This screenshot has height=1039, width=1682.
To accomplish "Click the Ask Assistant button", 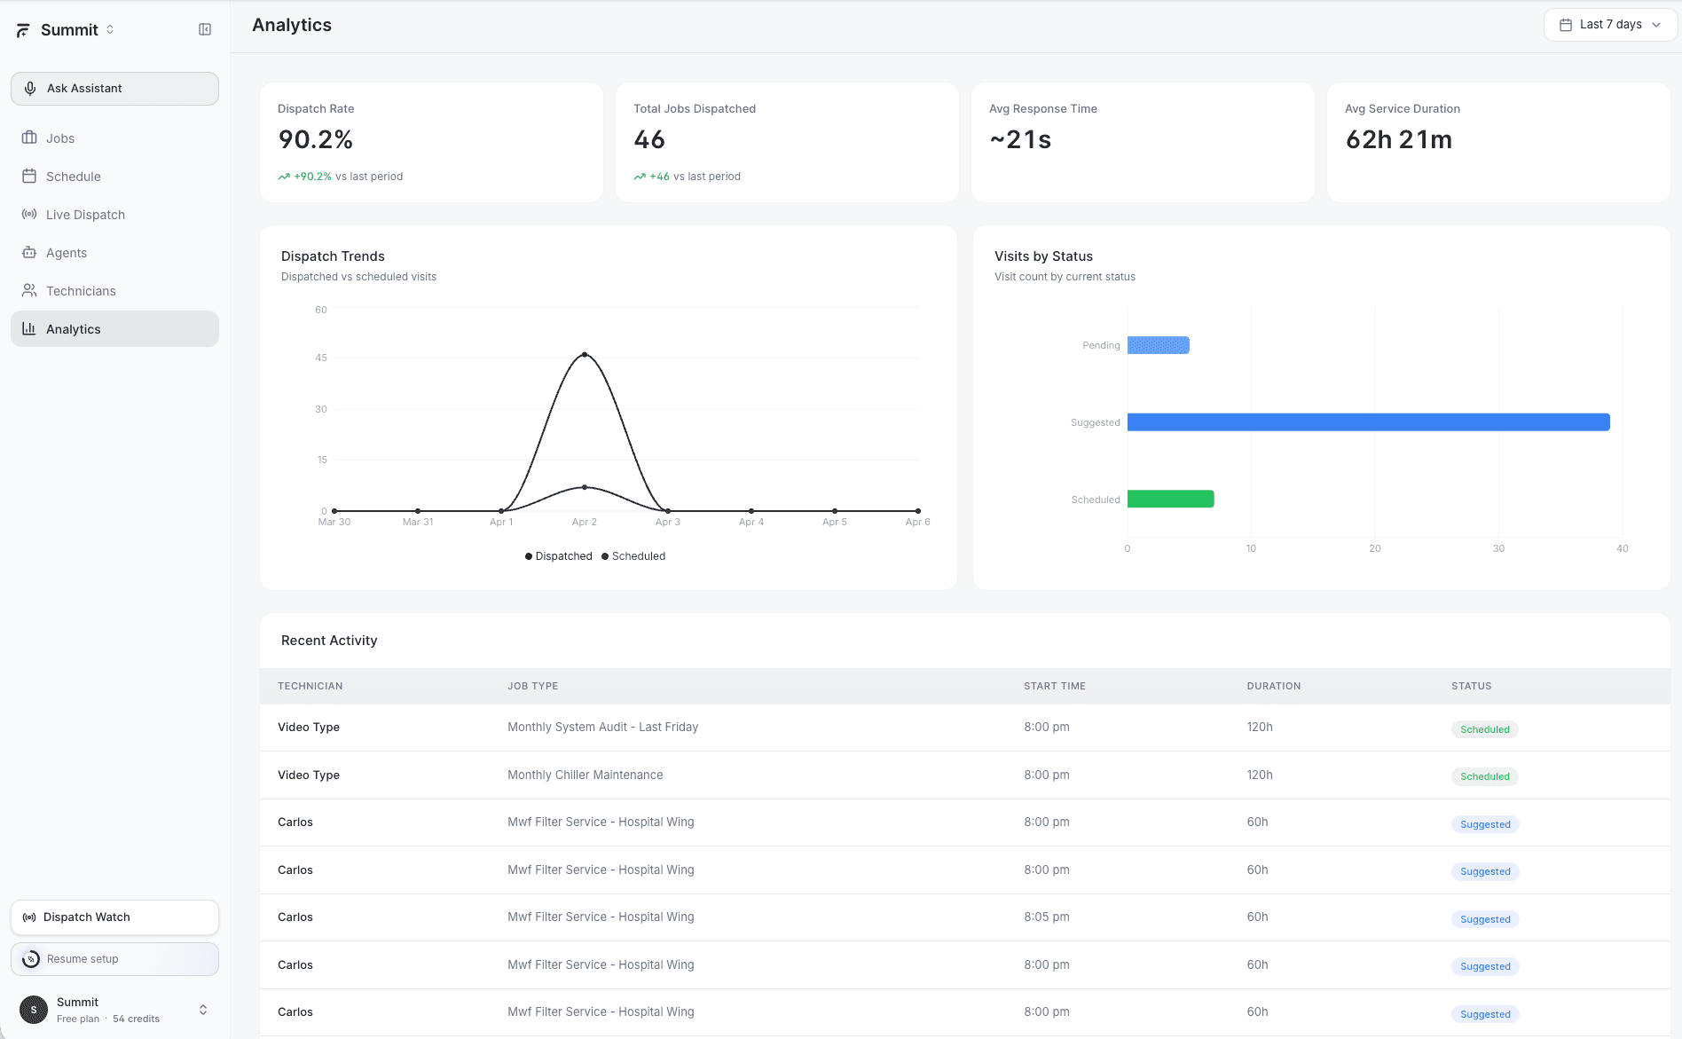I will (x=114, y=89).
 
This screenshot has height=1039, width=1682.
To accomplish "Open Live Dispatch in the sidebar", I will (x=85, y=215).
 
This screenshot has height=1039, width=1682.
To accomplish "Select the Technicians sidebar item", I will (x=81, y=291).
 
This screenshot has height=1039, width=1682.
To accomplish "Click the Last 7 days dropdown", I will (x=1609, y=25).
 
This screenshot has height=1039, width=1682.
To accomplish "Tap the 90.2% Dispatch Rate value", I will (x=316, y=139).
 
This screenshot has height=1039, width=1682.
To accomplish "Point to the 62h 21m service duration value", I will (x=1398, y=139).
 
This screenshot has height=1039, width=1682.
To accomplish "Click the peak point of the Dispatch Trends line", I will (x=585, y=355).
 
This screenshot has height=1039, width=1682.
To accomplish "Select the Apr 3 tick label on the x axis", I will (x=667, y=522).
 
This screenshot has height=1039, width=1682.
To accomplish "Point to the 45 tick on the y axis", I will (x=321, y=358).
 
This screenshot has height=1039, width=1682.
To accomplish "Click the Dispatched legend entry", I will (x=558, y=556).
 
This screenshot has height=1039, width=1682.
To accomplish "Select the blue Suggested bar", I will (x=1368, y=422).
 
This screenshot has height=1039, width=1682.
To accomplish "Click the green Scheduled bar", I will (x=1170, y=500).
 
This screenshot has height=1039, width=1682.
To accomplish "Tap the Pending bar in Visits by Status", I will (x=1158, y=345).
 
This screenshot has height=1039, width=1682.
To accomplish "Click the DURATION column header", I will (x=1273, y=686).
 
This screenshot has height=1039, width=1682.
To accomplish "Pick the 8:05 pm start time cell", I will (x=1046, y=917).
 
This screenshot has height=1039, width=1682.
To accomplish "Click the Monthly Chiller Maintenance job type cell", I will (x=585, y=775).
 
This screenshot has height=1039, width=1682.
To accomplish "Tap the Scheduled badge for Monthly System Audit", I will (x=1484, y=729).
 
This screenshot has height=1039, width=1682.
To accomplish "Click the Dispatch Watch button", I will (x=114, y=917).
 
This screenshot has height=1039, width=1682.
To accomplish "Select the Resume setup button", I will (x=114, y=959).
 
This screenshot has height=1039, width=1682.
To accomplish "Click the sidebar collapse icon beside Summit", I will (x=205, y=30).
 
